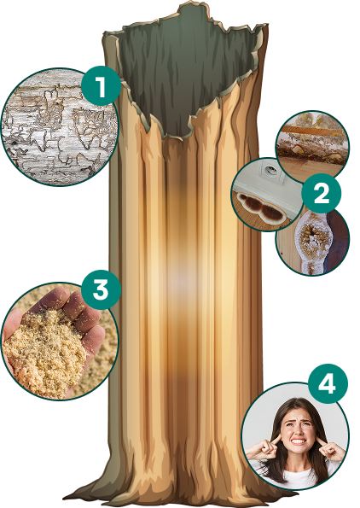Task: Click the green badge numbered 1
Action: coord(101,86)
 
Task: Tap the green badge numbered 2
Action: coord(321,194)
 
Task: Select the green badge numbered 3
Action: coord(101,289)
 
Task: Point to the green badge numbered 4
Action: coord(328,384)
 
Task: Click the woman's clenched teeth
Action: coord(298,441)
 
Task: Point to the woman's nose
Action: coord(298,430)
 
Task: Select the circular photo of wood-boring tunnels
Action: coord(60,127)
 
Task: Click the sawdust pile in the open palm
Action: coord(45,350)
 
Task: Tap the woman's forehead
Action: coord(296,413)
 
